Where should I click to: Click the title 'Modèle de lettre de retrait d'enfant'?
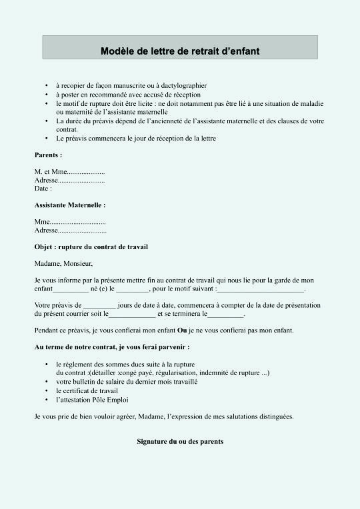(180, 50)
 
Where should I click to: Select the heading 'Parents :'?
(48, 155)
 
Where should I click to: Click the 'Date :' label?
(43, 189)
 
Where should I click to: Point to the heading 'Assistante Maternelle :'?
(70, 205)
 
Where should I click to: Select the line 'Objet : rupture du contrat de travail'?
(91, 247)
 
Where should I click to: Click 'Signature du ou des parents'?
(180, 442)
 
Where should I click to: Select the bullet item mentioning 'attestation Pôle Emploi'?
(92, 400)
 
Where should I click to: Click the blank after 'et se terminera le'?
(227, 314)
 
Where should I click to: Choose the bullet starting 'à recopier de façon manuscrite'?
(131, 86)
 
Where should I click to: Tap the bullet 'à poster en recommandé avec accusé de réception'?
(128, 95)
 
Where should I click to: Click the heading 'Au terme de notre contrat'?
(112, 347)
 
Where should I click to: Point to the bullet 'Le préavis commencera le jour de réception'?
(136, 138)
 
